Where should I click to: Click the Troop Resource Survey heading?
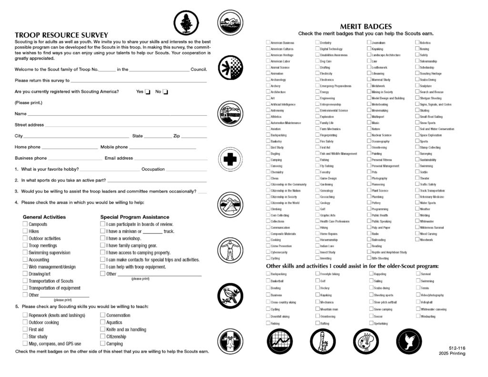tap(61, 35)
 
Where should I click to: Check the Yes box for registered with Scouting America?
tap(148, 92)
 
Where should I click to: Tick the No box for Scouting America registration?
tap(166, 92)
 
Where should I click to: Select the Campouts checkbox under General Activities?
tap(25, 224)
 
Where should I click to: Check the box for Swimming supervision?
tap(25, 253)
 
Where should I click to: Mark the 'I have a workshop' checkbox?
tap(102, 238)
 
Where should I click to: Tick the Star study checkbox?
tap(25, 336)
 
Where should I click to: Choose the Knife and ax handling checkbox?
tap(102, 329)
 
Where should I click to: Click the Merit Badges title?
tap(366, 27)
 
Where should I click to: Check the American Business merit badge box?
tap(268, 43)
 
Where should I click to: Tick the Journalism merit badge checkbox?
tap(369, 43)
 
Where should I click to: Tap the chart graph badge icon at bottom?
tap(279, 341)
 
